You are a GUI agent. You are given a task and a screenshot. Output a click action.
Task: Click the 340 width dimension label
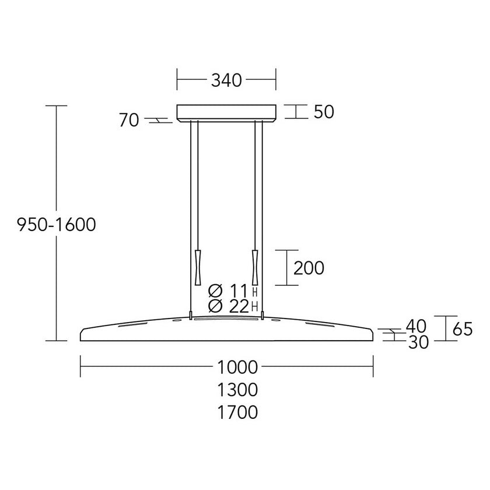226,80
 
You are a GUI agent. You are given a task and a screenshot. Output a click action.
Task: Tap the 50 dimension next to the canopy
324,111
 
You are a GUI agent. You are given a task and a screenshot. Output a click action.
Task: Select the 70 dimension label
129,120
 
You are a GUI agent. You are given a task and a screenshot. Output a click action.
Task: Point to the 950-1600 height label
56,225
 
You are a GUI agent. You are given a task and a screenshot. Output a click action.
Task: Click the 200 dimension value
309,268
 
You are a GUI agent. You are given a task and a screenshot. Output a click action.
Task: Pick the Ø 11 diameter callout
228,291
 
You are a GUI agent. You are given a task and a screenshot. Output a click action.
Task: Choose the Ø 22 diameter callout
229,306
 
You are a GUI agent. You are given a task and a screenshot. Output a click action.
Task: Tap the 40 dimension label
416,326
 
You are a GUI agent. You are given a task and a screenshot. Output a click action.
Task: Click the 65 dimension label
463,329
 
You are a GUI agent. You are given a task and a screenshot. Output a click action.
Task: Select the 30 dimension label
418,342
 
